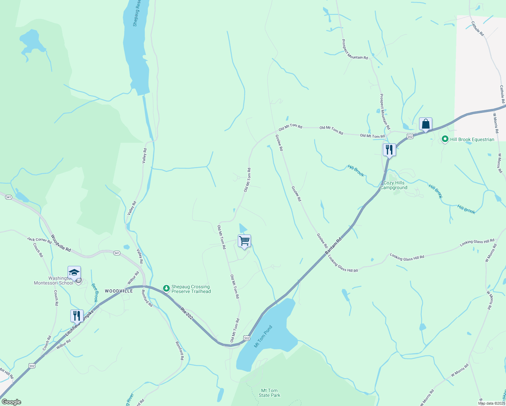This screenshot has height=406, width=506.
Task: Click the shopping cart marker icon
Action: pyautogui.click(x=244, y=241)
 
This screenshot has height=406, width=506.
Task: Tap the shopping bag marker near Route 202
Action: pyautogui.click(x=425, y=124)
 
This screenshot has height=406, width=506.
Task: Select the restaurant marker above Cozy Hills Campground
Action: pyautogui.click(x=389, y=150)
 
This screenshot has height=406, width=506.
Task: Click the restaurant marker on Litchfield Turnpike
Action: pyautogui.click(x=77, y=316)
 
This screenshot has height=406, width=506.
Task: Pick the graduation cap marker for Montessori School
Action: pyautogui.click(x=74, y=272)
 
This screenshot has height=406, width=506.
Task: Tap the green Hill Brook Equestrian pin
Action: pyautogui.click(x=445, y=139)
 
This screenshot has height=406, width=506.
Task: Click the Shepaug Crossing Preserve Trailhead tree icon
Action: pyautogui.click(x=166, y=289)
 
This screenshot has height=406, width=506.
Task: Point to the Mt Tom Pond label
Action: pyautogui.click(x=263, y=337)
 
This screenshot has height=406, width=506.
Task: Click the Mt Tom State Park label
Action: pyautogui.click(x=270, y=393)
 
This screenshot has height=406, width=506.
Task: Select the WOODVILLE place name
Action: pyautogui.click(x=119, y=291)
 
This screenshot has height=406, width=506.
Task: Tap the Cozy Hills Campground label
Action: pyautogui.click(x=394, y=185)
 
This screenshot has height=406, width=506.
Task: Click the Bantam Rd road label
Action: pyautogui.click(x=333, y=246)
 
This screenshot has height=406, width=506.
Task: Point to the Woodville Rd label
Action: pyautogui.click(x=61, y=243)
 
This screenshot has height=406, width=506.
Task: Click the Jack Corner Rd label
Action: pyautogui.click(x=39, y=240)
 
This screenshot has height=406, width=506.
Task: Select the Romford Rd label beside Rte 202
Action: pyautogui.click(x=147, y=298)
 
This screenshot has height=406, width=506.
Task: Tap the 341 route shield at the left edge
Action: pyautogui.click(x=9, y=197)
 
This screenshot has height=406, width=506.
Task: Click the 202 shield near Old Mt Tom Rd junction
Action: pyautogui.click(x=247, y=338)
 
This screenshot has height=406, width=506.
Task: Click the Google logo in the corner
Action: pyautogui.click(x=11, y=402)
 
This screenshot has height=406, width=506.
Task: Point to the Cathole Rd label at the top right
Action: pyautogui.click(x=478, y=29)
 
